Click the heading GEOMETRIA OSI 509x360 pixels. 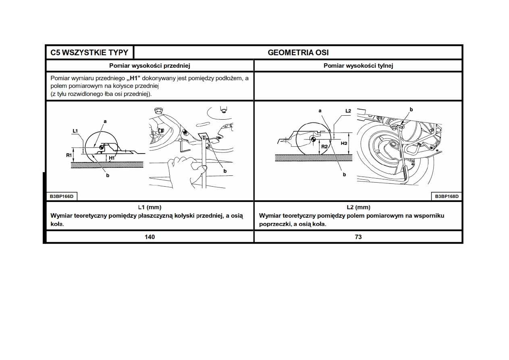(x=298, y=52)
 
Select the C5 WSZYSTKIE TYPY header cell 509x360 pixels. (x=89, y=52)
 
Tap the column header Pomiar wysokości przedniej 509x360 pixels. (x=150, y=66)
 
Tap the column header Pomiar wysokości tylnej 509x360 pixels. (x=358, y=66)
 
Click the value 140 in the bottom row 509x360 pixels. (x=150, y=237)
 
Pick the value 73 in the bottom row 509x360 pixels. (x=358, y=237)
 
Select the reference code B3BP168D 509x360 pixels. (x=447, y=196)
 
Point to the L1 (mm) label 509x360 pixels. (x=150, y=207)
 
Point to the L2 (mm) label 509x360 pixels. (x=358, y=207)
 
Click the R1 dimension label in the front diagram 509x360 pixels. (x=69, y=154)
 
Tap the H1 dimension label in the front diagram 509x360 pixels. (x=112, y=158)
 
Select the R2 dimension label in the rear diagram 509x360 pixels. (x=324, y=147)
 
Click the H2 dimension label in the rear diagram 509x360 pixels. (x=344, y=143)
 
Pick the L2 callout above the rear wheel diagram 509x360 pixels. (x=348, y=110)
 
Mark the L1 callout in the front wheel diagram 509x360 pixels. (x=75, y=131)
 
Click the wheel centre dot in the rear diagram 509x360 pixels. (x=313, y=139)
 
